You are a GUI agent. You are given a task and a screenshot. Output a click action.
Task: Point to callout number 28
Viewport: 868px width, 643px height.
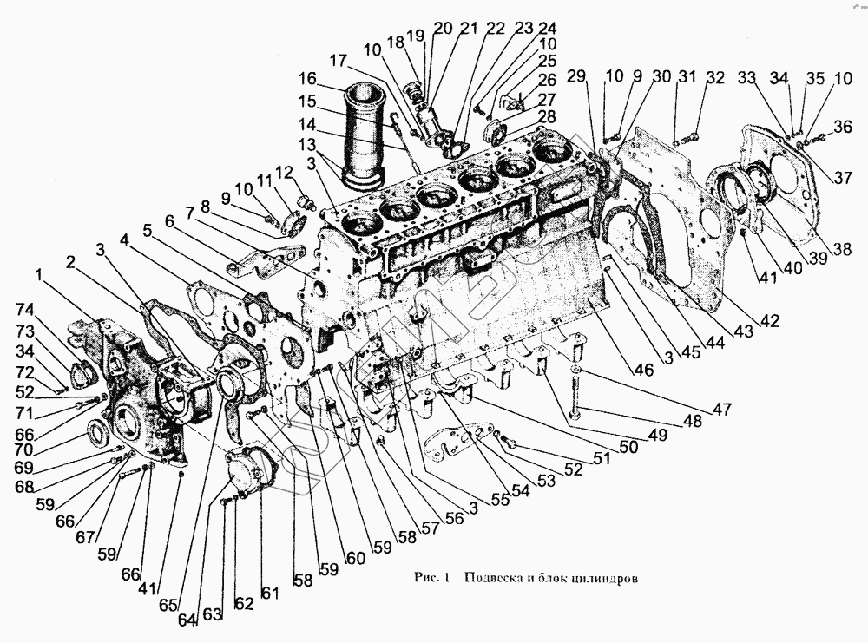click(547, 116)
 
